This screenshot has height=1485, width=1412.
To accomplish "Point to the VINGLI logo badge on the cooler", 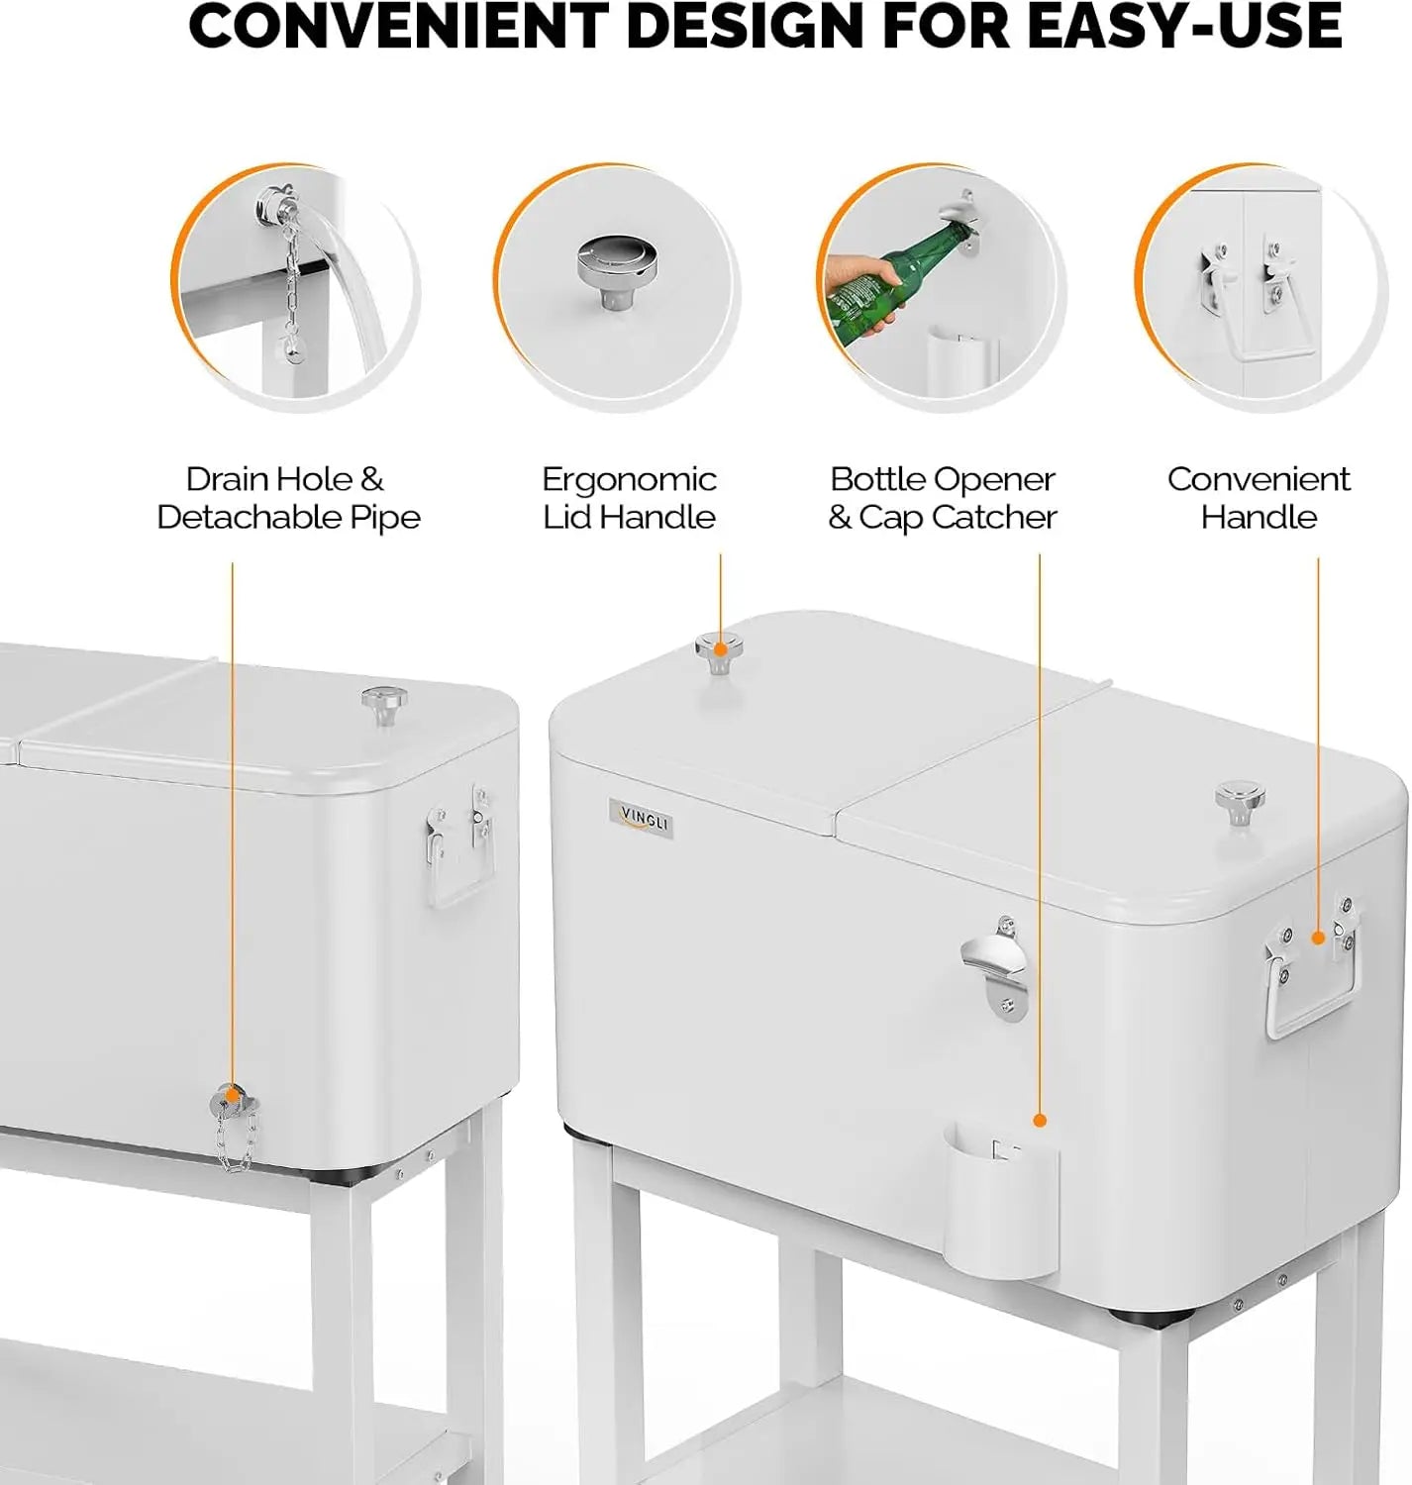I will tap(642, 819).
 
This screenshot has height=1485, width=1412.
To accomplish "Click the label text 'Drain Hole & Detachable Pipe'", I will tap(288, 498).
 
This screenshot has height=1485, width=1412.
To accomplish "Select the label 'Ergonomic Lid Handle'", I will tap(629, 498).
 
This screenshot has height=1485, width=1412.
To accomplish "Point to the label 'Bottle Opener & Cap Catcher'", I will tap(943, 498).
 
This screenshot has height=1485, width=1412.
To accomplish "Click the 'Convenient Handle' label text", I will tap(1259, 498).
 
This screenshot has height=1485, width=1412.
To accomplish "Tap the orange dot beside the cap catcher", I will tap(1040, 1120).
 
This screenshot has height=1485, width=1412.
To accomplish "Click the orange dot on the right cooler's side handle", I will tap(1318, 937).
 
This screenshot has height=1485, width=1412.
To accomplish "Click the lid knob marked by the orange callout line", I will tap(720, 652).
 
